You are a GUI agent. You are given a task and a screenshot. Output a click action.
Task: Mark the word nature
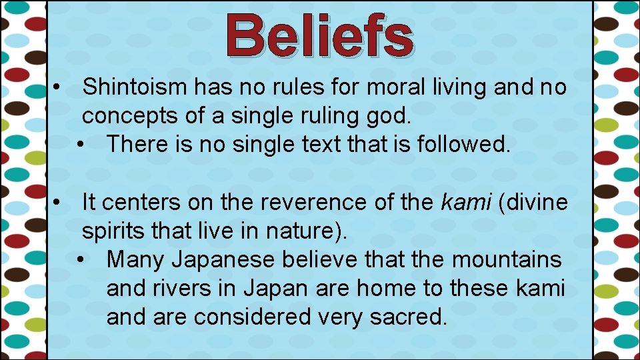pyautogui.click(x=308, y=231)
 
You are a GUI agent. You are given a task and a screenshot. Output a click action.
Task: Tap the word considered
pyautogui.click(x=252, y=317)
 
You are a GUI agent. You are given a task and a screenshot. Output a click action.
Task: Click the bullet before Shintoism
pyautogui.click(x=59, y=87)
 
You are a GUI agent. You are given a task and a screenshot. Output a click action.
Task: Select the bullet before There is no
pyautogui.click(x=83, y=144)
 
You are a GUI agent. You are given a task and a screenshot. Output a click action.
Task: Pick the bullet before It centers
pyautogui.click(x=59, y=203)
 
